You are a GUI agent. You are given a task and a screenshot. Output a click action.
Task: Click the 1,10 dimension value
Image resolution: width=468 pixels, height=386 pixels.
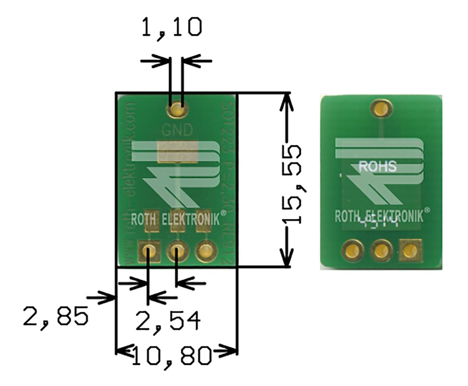pos(172,27)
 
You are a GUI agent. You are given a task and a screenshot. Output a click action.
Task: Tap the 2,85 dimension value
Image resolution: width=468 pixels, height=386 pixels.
pos(55,316)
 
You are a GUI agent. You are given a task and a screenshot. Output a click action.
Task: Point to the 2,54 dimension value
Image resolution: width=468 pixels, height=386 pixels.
pos(168,321)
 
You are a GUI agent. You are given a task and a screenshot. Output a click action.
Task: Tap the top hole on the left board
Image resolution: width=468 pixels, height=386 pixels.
pos(177,109)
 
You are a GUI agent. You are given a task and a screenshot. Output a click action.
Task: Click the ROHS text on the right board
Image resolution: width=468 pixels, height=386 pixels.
pos(377,166)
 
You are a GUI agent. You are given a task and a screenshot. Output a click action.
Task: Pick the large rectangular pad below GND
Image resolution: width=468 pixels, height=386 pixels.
pos(177,152)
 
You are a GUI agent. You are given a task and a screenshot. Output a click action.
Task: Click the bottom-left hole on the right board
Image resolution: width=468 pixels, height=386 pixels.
pos(352,250)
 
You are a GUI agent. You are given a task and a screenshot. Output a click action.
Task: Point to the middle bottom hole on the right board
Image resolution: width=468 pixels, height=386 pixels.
pos(381,250)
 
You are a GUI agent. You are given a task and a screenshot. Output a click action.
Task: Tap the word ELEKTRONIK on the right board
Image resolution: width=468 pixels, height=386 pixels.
pos(394,217)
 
